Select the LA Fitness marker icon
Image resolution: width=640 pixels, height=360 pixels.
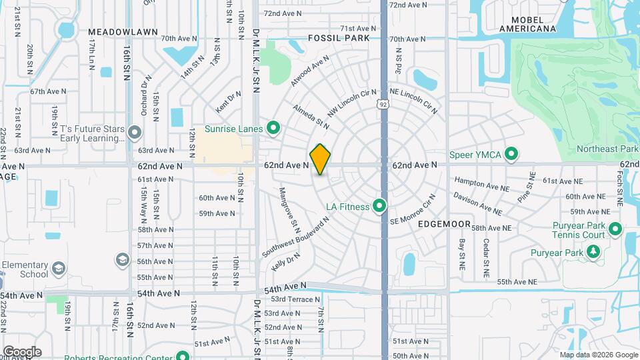coord(379,206)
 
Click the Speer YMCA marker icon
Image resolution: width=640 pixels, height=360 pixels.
coord(511,155)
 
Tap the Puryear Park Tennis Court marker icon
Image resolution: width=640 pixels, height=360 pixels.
coord(615,230)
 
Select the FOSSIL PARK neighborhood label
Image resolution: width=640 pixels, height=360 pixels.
coord(339,39)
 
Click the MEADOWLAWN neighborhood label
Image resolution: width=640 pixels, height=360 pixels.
coord(123,31)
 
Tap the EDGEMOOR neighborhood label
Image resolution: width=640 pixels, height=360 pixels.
coord(445,224)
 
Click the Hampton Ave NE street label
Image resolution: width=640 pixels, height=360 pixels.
coord(477,181)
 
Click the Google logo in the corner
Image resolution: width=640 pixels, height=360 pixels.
coord(21,351)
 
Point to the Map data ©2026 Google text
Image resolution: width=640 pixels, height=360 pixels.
coord(597,355)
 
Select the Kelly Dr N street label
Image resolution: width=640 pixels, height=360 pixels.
coord(286,261)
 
